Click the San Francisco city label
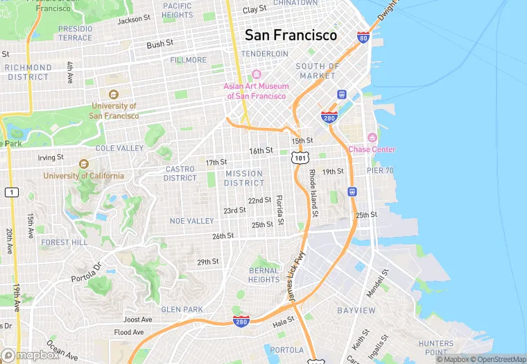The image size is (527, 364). click(x=291, y=35)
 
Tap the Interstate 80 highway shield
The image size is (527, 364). click(x=363, y=37)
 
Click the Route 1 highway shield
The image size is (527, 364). click(x=11, y=192)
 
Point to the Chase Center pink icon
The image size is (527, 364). click(x=372, y=138)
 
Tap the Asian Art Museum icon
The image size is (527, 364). click(x=256, y=74)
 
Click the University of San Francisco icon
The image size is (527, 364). click(x=114, y=94)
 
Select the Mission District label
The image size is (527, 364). click(x=243, y=178)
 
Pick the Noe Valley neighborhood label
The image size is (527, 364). click(x=192, y=221)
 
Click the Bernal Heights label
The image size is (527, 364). click(x=263, y=274)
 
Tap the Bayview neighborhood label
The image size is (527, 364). click(x=356, y=310)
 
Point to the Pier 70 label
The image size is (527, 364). click(x=380, y=170)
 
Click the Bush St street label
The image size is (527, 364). click(x=159, y=44)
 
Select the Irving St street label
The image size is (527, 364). click(x=50, y=158)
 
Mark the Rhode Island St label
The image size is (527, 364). click(x=313, y=192)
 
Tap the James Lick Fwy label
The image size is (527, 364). click(x=296, y=276)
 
